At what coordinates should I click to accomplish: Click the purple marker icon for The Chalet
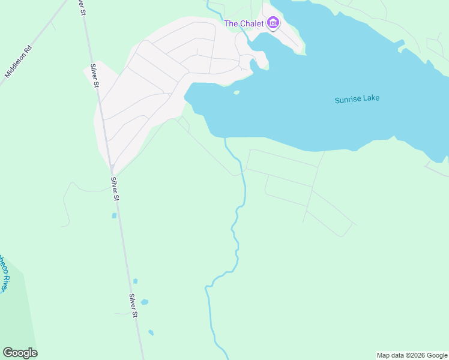(273, 23)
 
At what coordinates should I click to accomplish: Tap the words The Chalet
(244, 23)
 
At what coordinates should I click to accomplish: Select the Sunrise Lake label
(357, 99)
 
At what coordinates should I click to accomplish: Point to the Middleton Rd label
(17, 61)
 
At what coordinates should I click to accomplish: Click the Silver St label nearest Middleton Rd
(95, 76)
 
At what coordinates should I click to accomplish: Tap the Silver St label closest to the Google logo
(134, 305)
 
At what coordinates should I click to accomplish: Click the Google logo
(20, 353)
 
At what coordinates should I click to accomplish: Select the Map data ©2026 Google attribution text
(412, 355)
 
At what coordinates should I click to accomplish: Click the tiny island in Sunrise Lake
(237, 92)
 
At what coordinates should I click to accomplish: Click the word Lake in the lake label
(372, 98)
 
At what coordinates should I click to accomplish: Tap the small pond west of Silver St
(114, 215)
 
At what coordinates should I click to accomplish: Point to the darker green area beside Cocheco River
(15, 312)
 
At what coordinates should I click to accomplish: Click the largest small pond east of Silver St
(144, 302)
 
